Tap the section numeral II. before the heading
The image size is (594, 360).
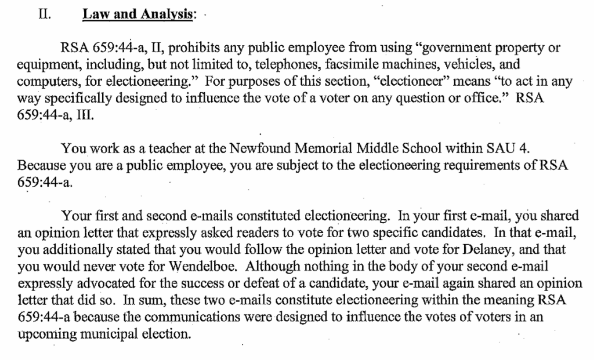click(44, 16)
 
